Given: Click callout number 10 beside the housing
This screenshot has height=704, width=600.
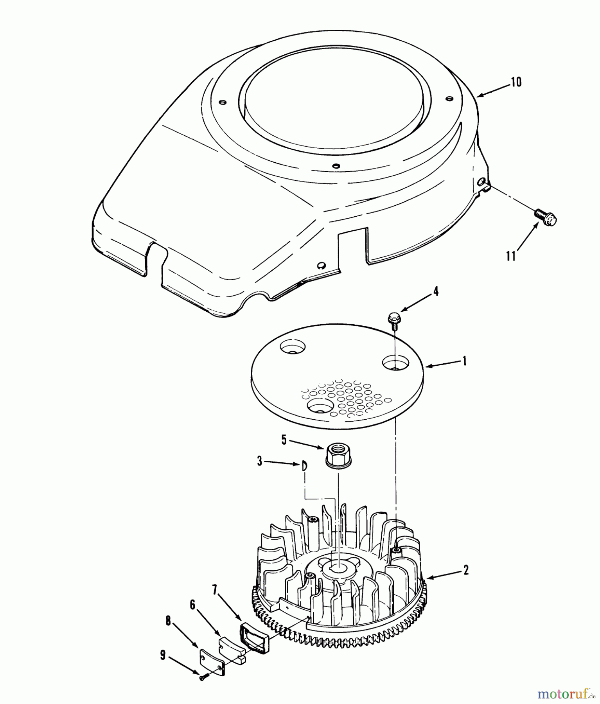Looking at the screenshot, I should pos(516,83).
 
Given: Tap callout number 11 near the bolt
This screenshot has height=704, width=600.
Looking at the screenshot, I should pos(510,256).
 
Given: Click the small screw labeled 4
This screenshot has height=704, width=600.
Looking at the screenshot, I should pos(393,318).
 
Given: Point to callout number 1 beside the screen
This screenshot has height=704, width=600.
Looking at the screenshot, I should pos(465,361).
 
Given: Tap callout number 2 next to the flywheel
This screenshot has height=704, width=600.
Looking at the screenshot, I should pos(465,570).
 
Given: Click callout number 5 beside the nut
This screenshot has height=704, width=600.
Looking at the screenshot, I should pos(284,440).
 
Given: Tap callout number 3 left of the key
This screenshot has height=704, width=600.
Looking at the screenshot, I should pos(259,461).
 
